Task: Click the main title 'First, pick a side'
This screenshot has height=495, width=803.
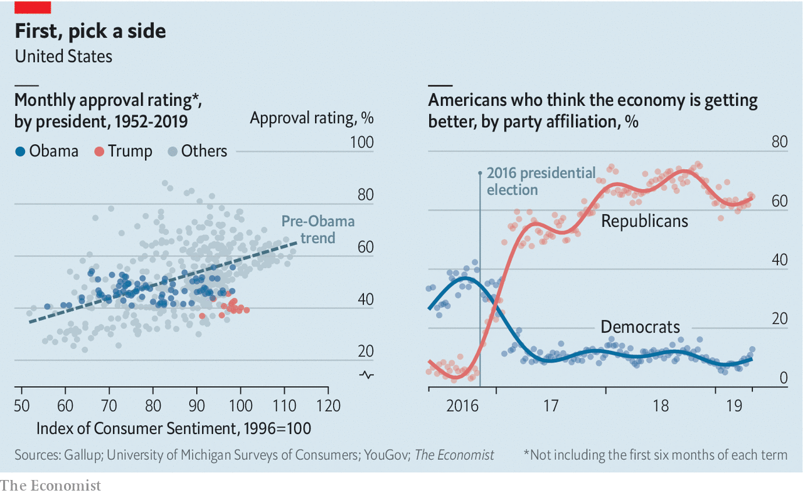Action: tap(90, 31)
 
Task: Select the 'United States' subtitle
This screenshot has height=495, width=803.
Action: tap(63, 56)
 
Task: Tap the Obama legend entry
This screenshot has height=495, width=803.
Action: tap(48, 151)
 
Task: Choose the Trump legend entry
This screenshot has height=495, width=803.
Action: tap(124, 151)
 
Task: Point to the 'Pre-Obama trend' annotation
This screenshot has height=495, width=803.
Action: tap(317, 229)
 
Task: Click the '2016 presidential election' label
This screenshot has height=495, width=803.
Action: tap(541, 181)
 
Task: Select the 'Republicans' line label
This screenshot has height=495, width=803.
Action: tap(644, 221)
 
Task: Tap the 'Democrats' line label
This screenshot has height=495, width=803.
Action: tap(640, 326)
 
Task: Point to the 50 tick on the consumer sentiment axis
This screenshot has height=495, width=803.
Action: tap(22, 405)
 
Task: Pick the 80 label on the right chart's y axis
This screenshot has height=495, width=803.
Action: tap(779, 142)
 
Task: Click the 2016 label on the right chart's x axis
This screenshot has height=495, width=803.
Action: tap(462, 405)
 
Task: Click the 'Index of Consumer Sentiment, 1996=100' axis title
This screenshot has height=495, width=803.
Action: tap(174, 429)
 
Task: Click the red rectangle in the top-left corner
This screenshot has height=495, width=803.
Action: tap(33, 7)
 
